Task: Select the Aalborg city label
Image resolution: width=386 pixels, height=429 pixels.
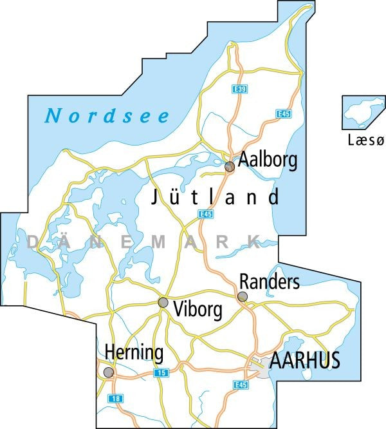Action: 268,160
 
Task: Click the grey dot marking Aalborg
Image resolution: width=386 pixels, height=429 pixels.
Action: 229,167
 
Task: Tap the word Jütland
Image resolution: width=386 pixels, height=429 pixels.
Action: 216,197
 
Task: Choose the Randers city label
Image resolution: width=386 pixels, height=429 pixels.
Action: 269,281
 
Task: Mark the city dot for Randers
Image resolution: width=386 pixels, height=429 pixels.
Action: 243,296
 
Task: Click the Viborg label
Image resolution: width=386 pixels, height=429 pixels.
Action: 198,310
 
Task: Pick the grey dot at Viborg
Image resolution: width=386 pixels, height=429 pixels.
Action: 163,303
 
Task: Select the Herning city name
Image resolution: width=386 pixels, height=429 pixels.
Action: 134,353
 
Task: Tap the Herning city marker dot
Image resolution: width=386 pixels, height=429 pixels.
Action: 109,372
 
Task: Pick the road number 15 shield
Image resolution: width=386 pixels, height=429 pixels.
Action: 161,373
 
